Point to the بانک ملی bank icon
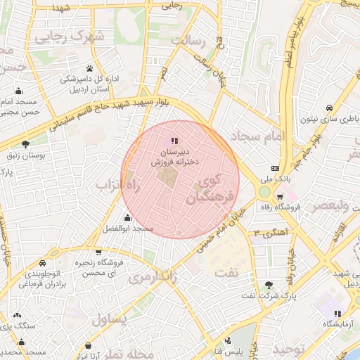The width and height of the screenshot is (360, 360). tap(275, 169)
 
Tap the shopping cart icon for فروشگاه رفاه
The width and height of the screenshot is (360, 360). tap(281, 197)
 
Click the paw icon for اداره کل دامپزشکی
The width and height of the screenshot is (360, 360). tap(90, 68)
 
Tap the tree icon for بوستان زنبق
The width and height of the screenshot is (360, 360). tap(25, 144)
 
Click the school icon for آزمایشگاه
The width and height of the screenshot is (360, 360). tap(337, 313)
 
